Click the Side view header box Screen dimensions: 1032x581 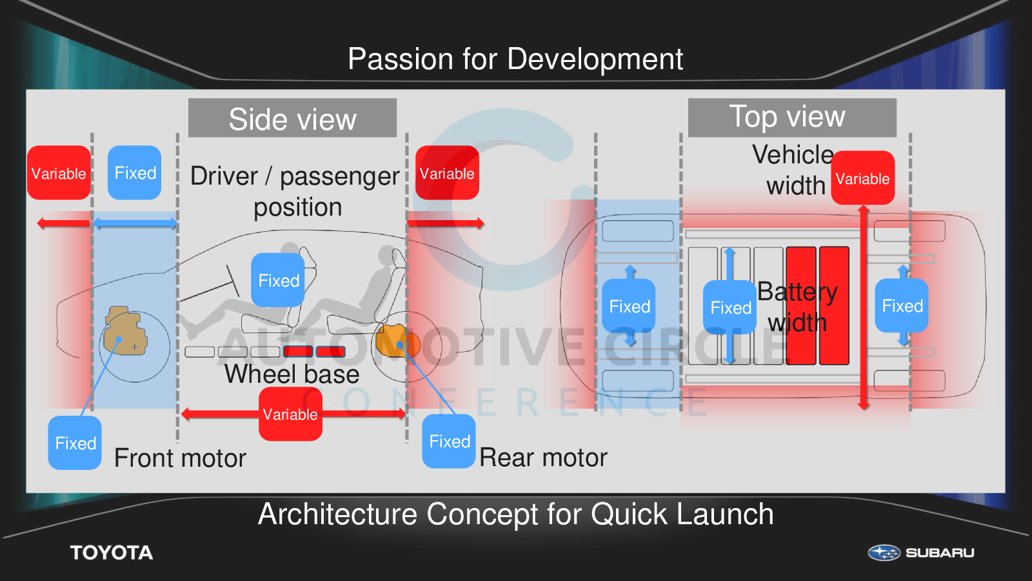(293, 117)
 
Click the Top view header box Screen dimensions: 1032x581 (792, 117)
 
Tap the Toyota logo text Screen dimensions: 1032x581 (112, 553)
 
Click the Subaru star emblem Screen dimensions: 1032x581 (884, 553)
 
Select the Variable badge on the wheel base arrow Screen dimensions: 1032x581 (290, 414)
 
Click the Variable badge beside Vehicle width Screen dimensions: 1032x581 (863, 178)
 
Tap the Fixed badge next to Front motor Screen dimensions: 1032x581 (75, 443)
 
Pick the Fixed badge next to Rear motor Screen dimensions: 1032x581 (449, 442)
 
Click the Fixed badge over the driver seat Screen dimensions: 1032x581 (278, 280)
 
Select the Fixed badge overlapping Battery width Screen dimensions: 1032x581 (729, 307)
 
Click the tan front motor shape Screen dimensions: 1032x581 (125, 331)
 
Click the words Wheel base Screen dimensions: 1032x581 (292, 374)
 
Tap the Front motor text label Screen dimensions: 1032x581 (180, 458)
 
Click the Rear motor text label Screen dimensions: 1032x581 (543, 458)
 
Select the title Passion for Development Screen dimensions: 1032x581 (515, 59)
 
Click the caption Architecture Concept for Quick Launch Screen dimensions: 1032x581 (515, 514)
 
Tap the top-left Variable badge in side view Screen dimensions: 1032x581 (59, 173)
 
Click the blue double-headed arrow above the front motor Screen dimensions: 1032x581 (135, 223)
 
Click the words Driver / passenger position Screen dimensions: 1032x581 (295, 191)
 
